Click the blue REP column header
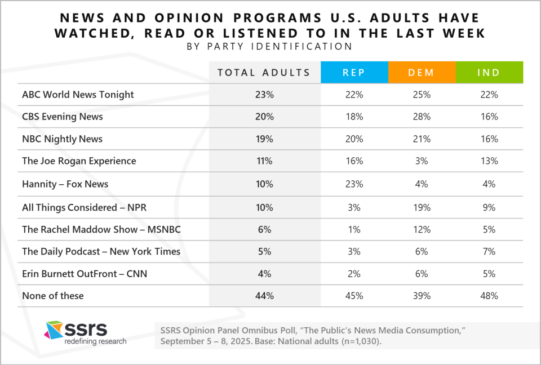pyautogui.click(x=354, y=72)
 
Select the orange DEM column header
pyautogui.click(x=422, y=72)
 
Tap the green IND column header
pyautogui.click(x=490, y=72)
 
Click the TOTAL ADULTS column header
pyautogui.click(x=264, y=72)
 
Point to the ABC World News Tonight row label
pyautogui.click(x=78, y=95)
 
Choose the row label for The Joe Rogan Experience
pyautogui.click(x=79, y=161)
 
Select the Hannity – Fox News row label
pyautogui.click(x=65, y=184)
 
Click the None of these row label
pyautogui.click(x=52, y=295)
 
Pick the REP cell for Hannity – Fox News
pyautogui.click(x=354, y=184)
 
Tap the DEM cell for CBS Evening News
pyautogui.click(x=422, y=117)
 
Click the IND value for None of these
pyautogui.click(x=490, y=295)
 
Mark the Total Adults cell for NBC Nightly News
pyautogui.click(x=264, y=139)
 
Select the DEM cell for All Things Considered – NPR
pyautogui.click(x=422, y=207)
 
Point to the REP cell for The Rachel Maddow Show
pyautogui.click(x=354, y=229)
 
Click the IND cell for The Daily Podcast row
pyautogui.click(x=490, y=251)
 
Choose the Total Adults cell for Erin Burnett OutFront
pyautogui.click(x=264, y=274)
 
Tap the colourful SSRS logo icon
pyautogui.click(x=54, y=330)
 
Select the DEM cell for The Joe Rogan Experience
pyautogui.click(x=422, y=161)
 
